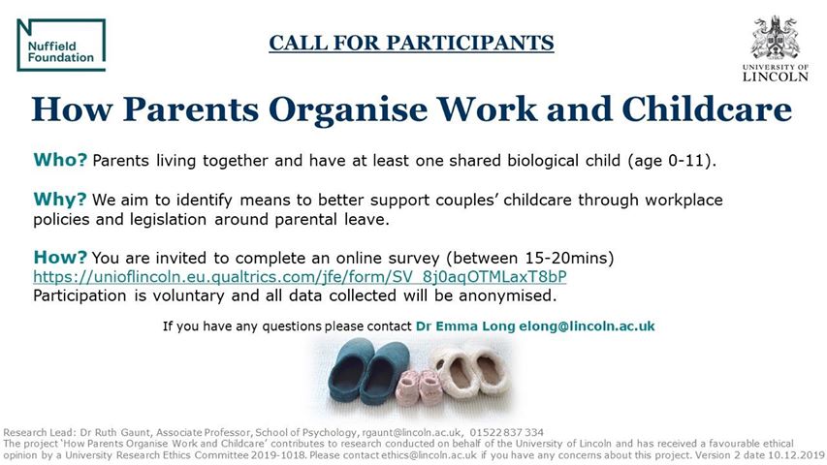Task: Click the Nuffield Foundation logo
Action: coord(61,45)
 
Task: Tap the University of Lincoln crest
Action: coord(776,37)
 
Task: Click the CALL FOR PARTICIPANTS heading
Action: coord(411,43)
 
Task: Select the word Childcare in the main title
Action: coord(707,109)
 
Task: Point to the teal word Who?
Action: coord(59,159)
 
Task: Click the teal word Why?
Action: coord(59,200)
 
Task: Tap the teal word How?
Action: coord(59,258)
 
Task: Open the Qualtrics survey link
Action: coord(300,277)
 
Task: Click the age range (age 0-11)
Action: coord(671,160)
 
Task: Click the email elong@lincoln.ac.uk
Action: coord(587,326)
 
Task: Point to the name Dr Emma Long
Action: coord(465,326)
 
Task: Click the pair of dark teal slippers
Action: coord(368,370)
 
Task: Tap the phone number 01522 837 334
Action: coord(506,433)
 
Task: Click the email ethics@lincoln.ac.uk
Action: coord(429,455)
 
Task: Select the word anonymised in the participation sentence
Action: coord(507,295)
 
